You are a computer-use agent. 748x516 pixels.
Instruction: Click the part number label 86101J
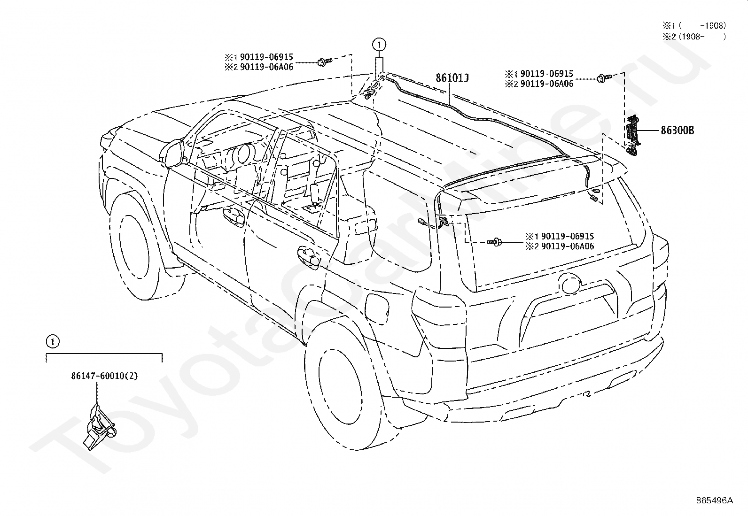[x=452, y=78]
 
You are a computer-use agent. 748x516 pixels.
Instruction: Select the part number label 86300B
[x=677, y=131]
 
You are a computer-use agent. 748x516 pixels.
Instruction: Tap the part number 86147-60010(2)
[x=104, y=376]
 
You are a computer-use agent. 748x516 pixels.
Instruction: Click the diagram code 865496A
[x=714, y=501]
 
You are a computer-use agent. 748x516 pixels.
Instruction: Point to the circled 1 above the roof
[x=379, y=44]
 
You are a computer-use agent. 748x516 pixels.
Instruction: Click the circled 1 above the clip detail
[x=53, y=341]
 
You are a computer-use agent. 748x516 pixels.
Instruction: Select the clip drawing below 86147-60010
[x=99, y=427]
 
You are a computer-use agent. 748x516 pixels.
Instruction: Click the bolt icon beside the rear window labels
[x=494, y=242]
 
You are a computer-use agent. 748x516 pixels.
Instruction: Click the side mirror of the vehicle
[x=171, y=153]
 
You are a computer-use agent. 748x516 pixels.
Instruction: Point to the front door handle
[x=234, y=216]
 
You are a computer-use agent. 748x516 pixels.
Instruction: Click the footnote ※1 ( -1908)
[x=694, y=26]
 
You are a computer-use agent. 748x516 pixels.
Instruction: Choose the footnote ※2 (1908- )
[x=694, y=36]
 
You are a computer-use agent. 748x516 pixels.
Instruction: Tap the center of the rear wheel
[x=340, y=387]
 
